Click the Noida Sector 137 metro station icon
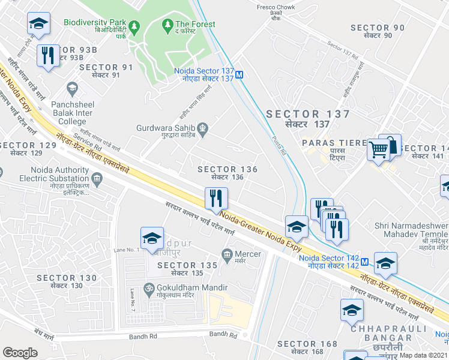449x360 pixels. click(x=240, y=75)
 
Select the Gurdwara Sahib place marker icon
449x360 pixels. click(x=203, y=127)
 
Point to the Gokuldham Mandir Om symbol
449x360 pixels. click(x=144, y=289)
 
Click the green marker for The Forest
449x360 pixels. click(x=167, y=25)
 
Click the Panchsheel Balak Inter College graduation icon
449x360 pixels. click(x=72, y=89)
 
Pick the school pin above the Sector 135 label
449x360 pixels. click(x=152, y=238)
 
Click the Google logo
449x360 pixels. click(x=20, y=353)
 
